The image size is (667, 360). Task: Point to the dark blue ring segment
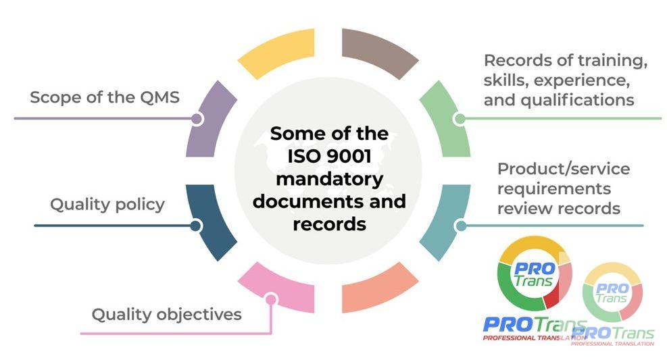pos(209,223)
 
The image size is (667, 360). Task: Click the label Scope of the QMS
pos(105,97)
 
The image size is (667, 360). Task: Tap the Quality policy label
pos(107,204)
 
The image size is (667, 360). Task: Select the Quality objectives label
pos(166,314)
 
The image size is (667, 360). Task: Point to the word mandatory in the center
pos(330,179)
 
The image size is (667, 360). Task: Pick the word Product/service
pos(563,168)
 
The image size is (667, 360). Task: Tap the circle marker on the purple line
pos(197,119)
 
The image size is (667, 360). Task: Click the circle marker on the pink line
pos(270,299)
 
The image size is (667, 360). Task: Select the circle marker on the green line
pos(459,119)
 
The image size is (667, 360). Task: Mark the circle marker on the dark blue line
pos(197,225)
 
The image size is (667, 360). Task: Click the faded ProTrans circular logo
pos(612,291)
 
